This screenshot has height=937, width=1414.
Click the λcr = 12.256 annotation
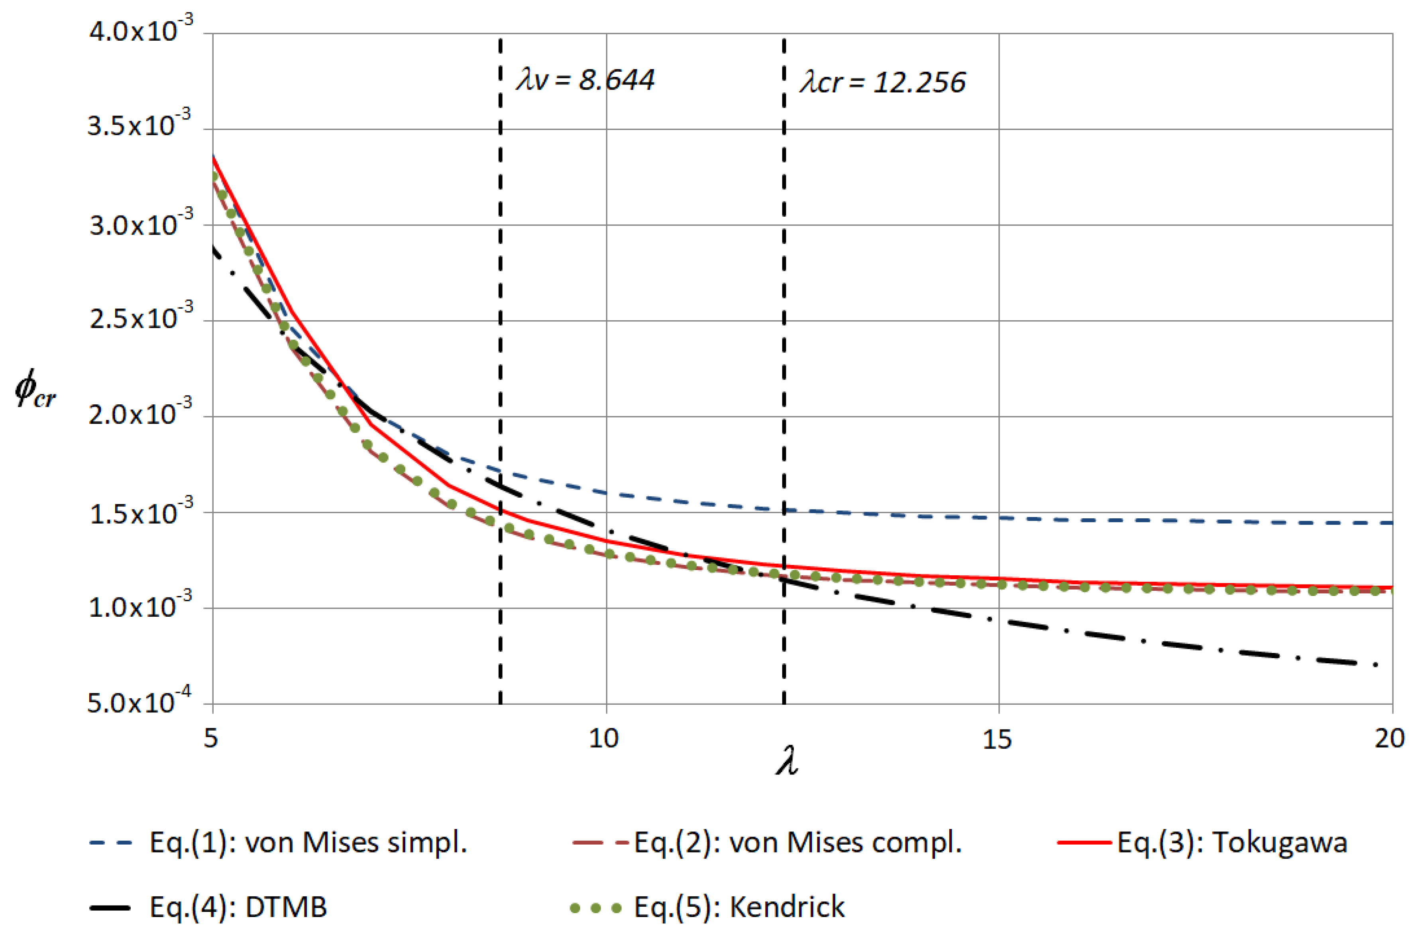click(882, 82)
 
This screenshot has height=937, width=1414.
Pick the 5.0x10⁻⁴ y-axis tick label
click(139, 702)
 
